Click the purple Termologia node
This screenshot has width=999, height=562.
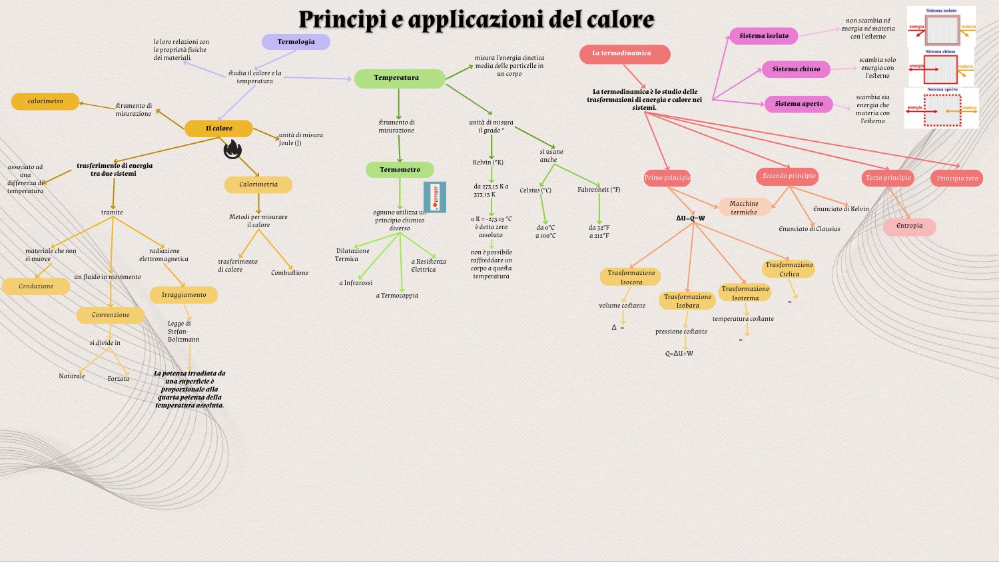point(296,42)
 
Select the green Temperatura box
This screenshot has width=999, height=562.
point(399,79)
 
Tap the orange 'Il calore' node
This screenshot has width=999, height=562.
point(218,129)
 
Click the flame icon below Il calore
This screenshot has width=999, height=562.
point(232,150)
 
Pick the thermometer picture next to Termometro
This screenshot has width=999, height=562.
point(435,197)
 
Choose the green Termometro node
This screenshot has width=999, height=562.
point(400,170)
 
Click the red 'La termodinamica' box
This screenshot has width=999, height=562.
point(624,54)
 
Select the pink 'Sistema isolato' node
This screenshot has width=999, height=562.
point(764,36)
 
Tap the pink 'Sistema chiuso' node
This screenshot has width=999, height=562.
point(796,69)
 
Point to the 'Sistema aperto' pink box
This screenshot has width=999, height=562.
point(799,104)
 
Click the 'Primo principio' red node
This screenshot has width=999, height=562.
point(667,178)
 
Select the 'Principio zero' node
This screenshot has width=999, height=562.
point(956,178)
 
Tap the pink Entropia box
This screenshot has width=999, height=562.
point(909,226)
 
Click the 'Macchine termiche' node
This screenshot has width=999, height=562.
point(744,207)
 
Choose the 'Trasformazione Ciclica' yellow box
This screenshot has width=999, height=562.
point(789,269)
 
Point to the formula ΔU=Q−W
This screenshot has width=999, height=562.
point(690,218)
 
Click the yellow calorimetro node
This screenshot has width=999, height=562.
point(45,101)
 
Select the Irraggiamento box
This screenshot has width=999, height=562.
point(184,295)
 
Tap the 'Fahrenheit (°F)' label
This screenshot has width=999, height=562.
point(599,190)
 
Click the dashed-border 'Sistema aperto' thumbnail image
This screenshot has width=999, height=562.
point(942,109)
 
